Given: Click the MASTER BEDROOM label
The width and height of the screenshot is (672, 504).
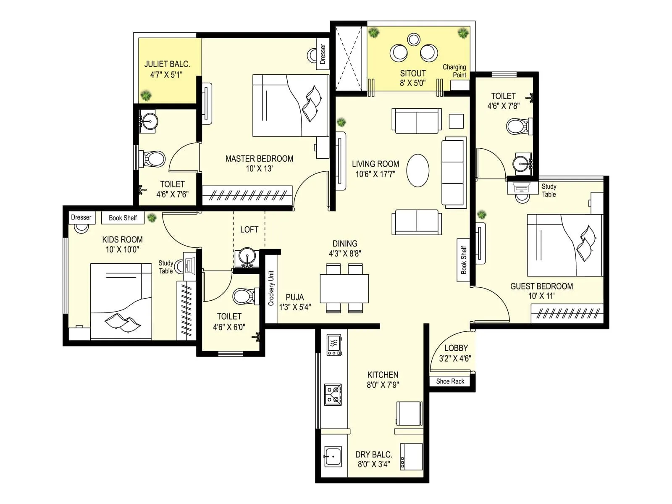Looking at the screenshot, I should [x=259, y=159].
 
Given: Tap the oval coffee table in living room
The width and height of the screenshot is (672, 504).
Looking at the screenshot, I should [x=418, y=170].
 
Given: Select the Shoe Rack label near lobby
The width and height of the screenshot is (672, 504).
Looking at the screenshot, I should [x=450, y=381].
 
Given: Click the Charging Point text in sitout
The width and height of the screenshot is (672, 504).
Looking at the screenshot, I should [x=454, y=71].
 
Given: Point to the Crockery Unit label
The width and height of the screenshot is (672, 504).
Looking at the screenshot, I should [x=271, y=288].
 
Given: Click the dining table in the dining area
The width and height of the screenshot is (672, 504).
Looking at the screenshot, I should [x=344, y=288].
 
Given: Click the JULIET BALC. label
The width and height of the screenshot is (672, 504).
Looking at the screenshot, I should [x=167, y=64].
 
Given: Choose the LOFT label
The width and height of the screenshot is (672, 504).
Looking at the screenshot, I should [x=249, y=229].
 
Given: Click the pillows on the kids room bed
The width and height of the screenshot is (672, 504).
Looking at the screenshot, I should [x=122, y=322].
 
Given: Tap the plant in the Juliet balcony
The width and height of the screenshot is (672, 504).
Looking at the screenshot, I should [x=146, y=95].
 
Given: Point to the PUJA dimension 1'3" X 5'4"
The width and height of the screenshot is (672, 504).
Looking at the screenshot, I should [x=295, y=307].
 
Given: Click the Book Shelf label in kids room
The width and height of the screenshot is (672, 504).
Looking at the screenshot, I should [x=123, y=218].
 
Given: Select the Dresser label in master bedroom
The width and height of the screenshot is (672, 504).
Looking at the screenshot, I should [x=323, y=54].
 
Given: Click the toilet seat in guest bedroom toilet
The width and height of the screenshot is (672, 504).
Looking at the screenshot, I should [x=517, y=126].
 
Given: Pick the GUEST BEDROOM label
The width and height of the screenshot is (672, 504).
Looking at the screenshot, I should [x=541, y=286].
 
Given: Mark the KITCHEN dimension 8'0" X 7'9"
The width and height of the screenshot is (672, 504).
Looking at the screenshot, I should [x=383, y=385].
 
